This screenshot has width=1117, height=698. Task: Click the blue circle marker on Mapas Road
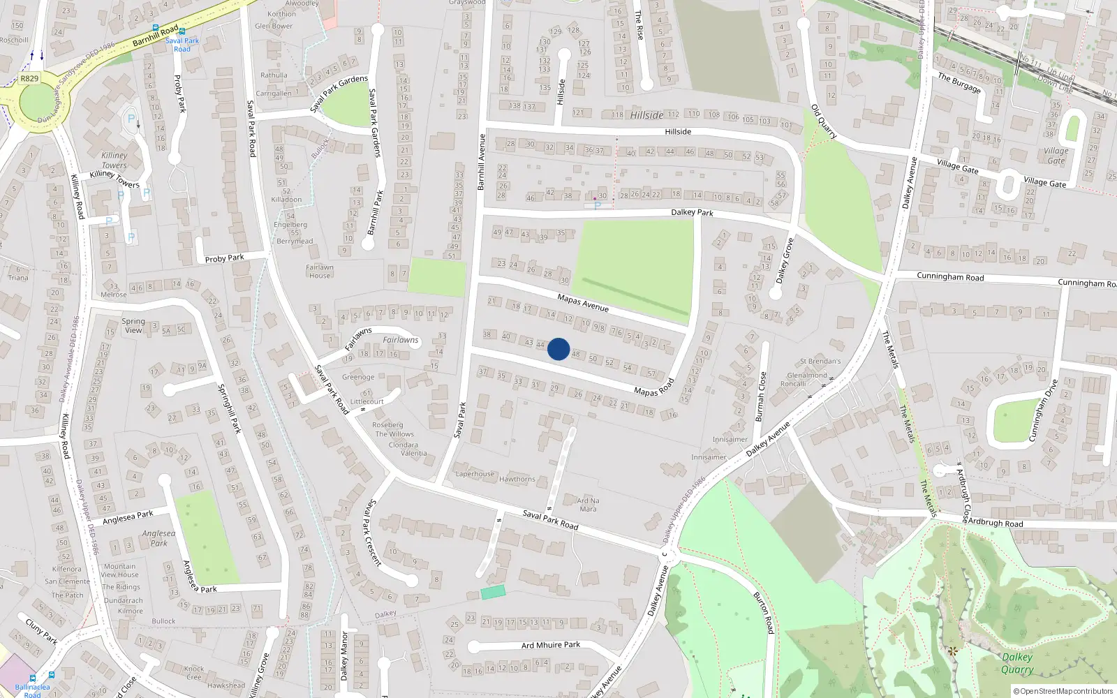click(558, 349)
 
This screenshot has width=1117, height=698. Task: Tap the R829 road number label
click(29, 79)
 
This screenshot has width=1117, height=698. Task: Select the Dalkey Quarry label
click(1016, 663)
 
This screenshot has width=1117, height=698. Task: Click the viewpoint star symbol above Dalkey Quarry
click(953, 651)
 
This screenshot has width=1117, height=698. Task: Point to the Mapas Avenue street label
click(583, 303)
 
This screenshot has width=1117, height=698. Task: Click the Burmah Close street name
click(761, 396)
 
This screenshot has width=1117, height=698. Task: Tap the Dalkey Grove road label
click(785, 260)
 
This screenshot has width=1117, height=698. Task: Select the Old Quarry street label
click(824, 121)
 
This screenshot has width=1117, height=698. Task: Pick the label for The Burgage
click(959, 82)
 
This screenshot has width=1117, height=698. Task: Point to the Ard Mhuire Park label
click(551, 645)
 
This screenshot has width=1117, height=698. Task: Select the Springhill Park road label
click(229, 408)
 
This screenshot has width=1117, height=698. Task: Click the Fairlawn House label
click(319, 271)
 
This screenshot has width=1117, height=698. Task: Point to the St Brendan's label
click(820, 362)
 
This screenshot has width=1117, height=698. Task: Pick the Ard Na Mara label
click(588, 505)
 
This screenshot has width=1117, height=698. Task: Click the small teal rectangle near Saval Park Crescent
click(493, 592)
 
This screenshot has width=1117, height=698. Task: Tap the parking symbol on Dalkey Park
click(597, 206)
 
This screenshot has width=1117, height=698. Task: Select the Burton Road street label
click(764, 613)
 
